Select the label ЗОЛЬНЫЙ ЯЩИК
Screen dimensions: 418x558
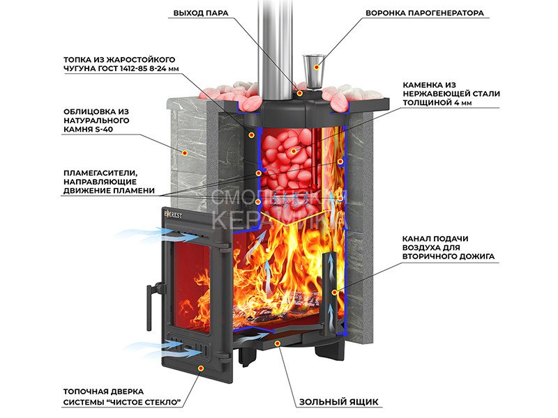[x=338, y=402]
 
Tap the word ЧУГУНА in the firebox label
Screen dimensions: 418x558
[x=83, y=67]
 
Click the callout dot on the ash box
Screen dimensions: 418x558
[x=278, y=343]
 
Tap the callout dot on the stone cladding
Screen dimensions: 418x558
[x=185, y=151]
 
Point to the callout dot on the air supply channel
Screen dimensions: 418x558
[x=338, y=291]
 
